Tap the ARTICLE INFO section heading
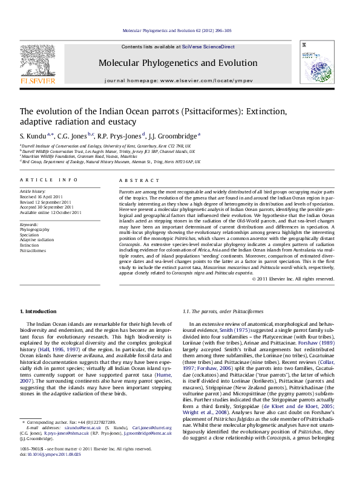pos(49,180)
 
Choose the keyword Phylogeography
pos(36,230)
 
